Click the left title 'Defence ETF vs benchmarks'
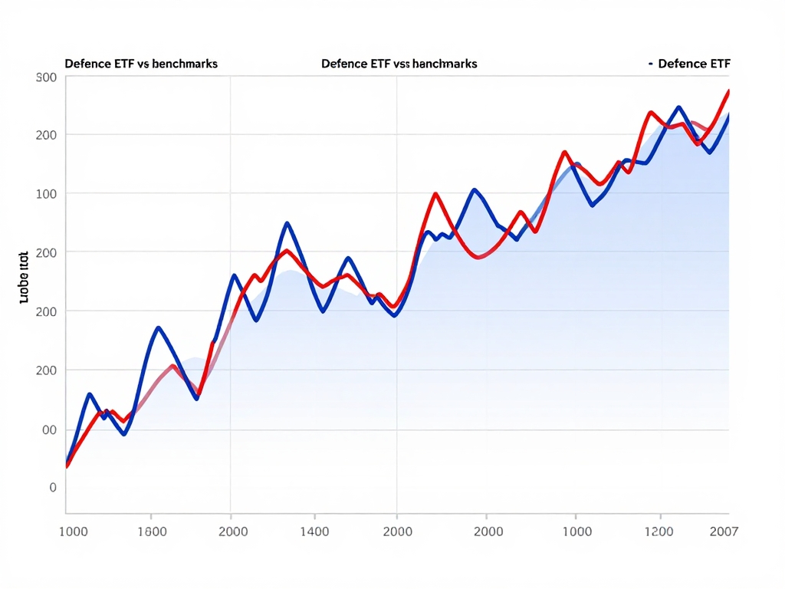(141, 64)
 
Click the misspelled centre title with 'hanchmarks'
(399, 64)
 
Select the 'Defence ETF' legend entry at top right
(693, 64)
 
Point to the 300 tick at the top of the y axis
(46, 77)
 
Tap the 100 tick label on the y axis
(46, 193)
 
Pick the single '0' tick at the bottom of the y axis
(52, 487)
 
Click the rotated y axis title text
(23, 276)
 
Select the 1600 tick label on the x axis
(150, 531)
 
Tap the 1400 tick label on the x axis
(314, 531)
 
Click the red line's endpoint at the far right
(728, 90)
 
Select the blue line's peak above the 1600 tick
(158, 327)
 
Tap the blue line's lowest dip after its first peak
(123, 434)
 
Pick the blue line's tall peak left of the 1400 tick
(287, 223)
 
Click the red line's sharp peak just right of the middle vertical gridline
(435, 193)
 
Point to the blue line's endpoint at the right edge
(728, 115)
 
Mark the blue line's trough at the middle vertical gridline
(395, 316)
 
